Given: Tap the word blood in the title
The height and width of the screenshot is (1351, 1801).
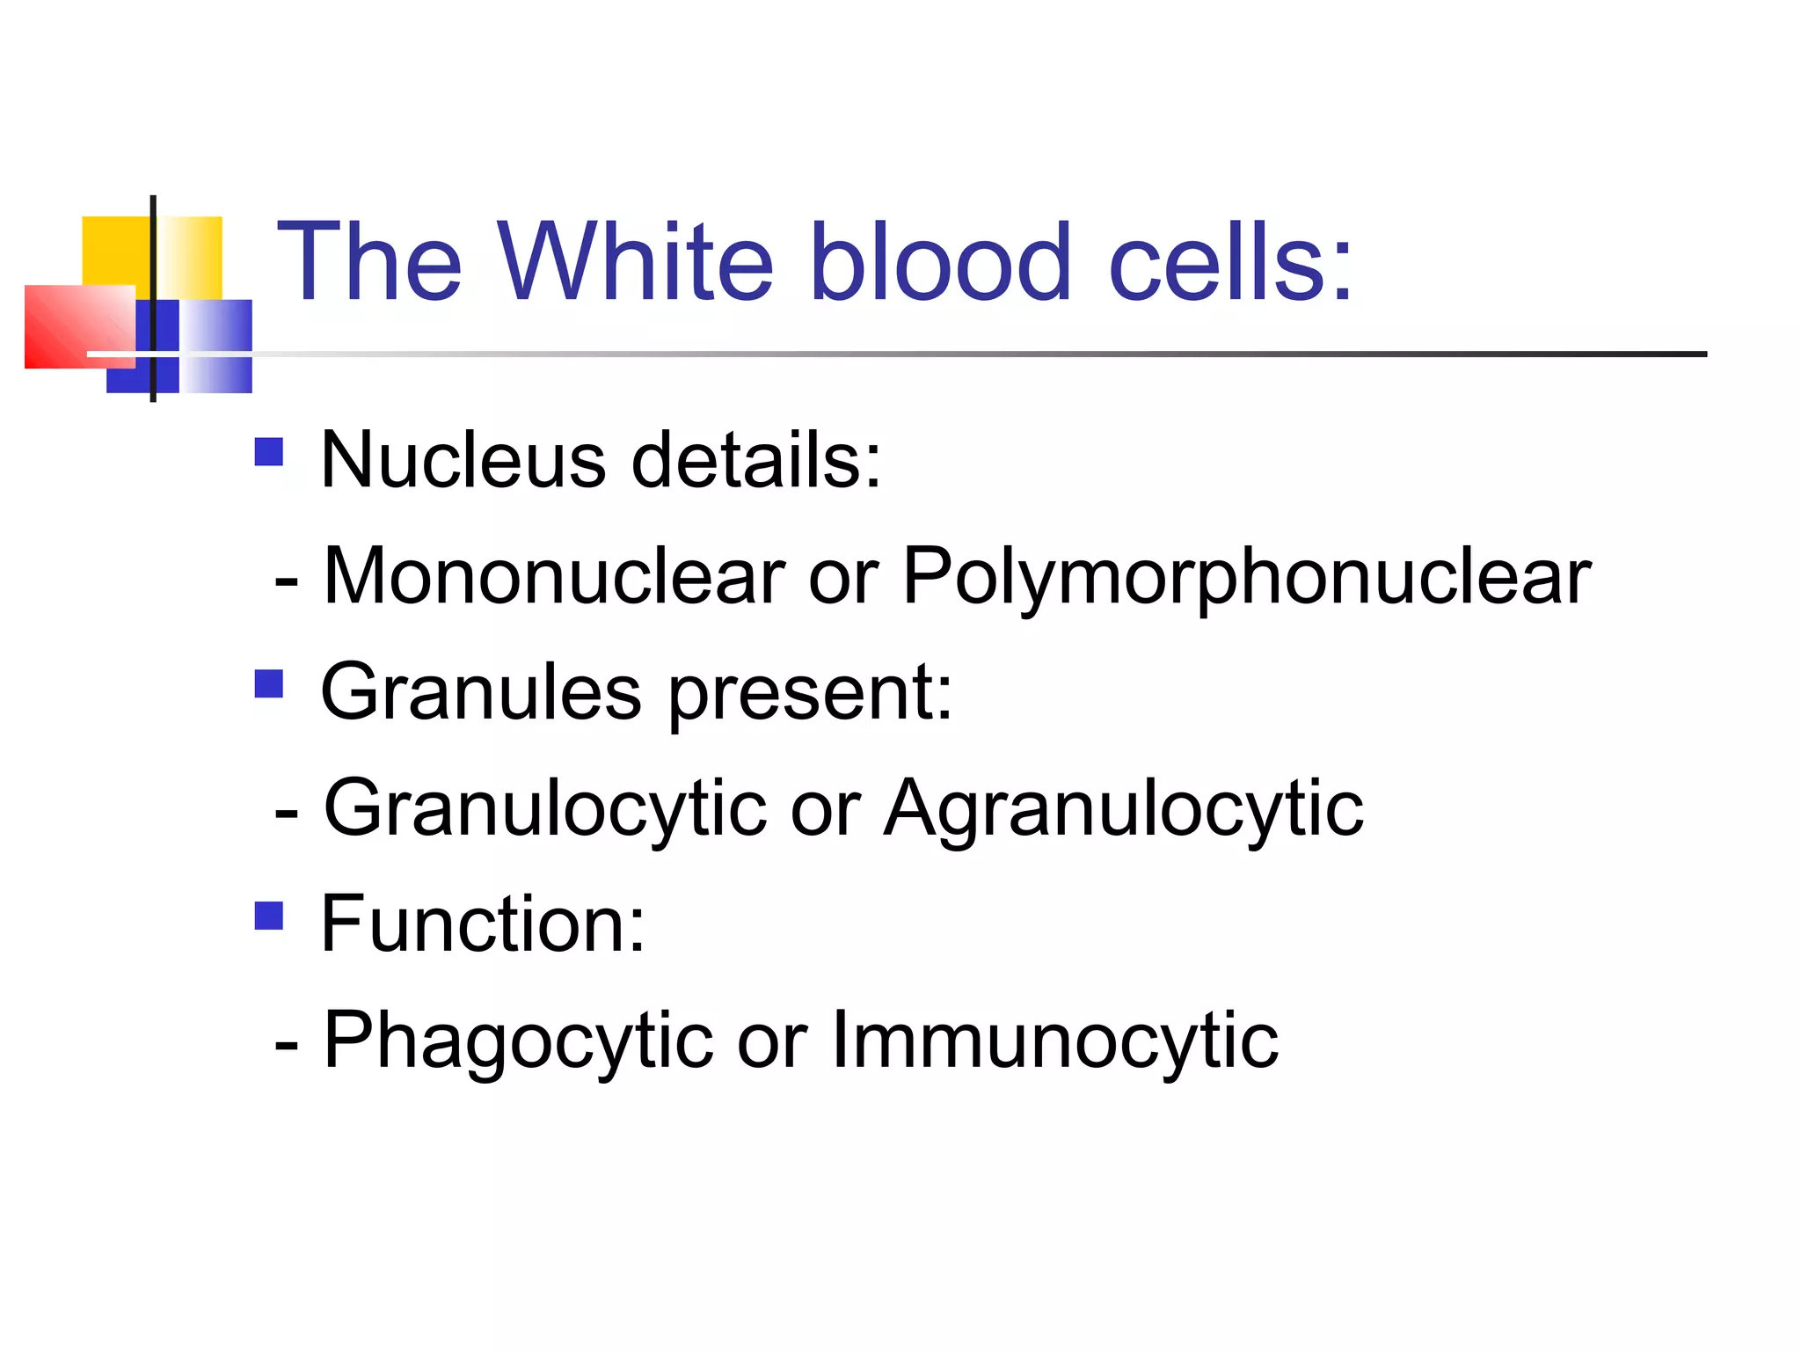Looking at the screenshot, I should [x=939, y=261].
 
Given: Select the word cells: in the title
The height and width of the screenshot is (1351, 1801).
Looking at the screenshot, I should [x=1230, y=261].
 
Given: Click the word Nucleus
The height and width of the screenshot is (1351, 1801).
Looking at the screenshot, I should [x=463, y=460].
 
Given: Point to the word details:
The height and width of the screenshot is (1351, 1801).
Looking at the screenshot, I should [x=756, y=460].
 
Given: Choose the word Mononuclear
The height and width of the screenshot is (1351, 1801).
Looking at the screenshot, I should [x=554, y=576].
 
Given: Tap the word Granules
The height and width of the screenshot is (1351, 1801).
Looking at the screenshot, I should [x=480, y=692].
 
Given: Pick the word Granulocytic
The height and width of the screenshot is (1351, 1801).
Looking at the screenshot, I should [x=545, y=809].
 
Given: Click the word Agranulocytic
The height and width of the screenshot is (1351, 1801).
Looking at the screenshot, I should [x=1124, y=809].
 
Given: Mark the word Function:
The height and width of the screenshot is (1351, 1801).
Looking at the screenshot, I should [x=483, y=924].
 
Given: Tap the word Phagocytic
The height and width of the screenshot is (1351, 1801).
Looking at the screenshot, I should [x=518, y=1041].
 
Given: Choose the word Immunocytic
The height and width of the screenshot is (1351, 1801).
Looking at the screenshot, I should [x=1054, y=1041].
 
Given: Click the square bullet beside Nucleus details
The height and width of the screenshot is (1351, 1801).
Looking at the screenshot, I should [x=269, y=452].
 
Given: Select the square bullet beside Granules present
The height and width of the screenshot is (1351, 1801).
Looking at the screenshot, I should [x=269, y=683].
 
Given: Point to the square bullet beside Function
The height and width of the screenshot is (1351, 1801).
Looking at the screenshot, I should [x=269, y=916].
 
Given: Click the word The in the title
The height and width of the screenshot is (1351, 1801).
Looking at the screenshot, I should [x=369, y=261].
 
